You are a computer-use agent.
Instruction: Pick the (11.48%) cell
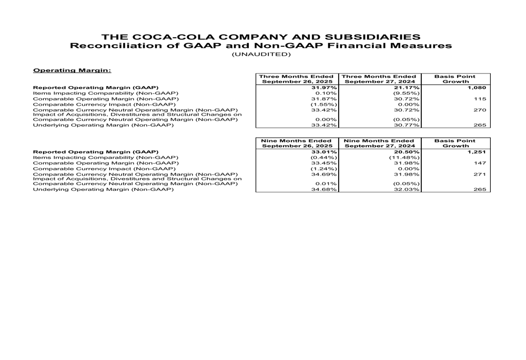(x=404, y=157)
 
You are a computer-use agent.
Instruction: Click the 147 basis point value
(x=480, y=163)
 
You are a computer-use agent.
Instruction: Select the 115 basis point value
(x=480, y=99)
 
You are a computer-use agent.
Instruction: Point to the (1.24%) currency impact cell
(x=323, y=169)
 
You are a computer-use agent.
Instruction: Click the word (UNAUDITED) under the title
(x=261, y=54)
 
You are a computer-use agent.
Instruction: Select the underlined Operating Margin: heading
(x=72, y=69)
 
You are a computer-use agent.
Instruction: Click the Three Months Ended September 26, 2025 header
(x=297, y=79)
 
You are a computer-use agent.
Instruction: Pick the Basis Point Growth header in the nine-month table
(x=455, y=143)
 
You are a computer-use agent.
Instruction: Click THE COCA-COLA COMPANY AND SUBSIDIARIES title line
(x=261, y=37)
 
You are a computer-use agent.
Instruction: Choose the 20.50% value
(x=407, y=152)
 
